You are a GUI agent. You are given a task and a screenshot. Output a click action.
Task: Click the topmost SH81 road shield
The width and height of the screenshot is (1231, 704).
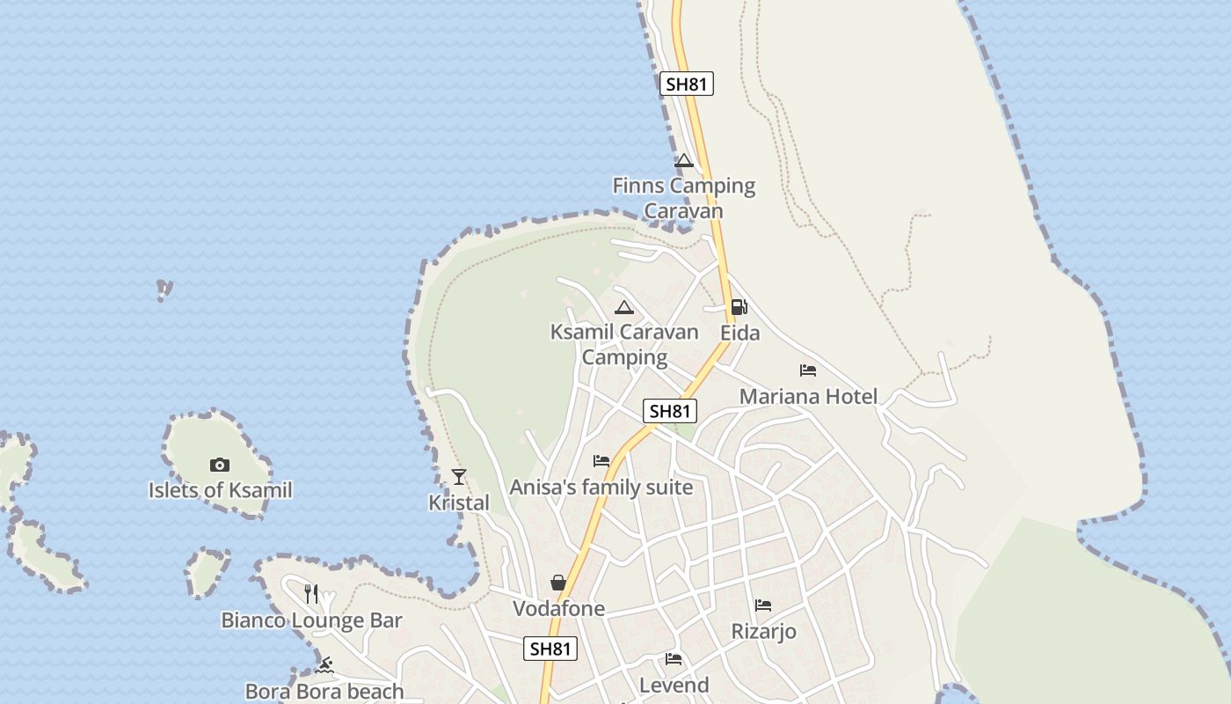tap(686, 84)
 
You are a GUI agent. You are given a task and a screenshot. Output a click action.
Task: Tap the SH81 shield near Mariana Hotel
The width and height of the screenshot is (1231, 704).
tap(670, 411)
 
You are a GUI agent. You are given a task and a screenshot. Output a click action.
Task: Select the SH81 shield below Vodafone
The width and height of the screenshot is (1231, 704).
tap(551, 649)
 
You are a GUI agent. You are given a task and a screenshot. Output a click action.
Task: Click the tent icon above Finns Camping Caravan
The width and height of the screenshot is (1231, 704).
tap(684, 161)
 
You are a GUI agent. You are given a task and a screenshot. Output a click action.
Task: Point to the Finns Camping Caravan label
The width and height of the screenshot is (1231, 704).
tap(683, 198)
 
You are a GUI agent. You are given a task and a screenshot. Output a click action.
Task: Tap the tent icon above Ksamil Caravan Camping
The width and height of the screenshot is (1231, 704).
tap(624, 307)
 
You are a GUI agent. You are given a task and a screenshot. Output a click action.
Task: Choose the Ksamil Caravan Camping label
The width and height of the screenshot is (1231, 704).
tap(624, 344)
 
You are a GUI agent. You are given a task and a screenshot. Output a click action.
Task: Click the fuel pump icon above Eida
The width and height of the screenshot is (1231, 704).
tap(739, 307)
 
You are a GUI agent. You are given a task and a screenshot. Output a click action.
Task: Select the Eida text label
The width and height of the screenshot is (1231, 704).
tap(739, 334)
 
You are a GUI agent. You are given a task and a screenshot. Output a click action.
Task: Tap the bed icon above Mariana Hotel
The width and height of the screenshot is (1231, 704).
tap(808, 370)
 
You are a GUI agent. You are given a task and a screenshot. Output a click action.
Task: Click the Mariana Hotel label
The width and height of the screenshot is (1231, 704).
tap(808, 397)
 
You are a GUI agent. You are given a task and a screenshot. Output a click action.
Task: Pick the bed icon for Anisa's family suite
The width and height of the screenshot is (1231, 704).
tap(601, 460)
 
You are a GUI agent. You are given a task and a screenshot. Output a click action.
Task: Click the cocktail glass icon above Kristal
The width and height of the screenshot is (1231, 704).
tap(458, 477)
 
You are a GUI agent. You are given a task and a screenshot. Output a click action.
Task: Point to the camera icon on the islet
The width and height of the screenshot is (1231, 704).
tap(220, 465)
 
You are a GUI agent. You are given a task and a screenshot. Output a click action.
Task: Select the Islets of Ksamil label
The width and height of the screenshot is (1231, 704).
tap(220, 490)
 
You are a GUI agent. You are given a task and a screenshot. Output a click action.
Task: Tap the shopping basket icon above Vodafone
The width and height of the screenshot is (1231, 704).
tap(558, 583)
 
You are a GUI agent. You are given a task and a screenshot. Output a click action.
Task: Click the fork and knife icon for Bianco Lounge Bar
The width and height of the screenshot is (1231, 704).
tap(311, 593)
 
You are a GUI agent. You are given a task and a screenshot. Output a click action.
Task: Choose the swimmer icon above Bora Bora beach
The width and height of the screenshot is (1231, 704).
tap(324, 665)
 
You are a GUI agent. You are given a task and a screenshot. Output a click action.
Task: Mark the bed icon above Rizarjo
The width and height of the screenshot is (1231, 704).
tap(763, 605)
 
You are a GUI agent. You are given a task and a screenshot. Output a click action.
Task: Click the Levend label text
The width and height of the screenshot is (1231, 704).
tap(674, 685)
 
